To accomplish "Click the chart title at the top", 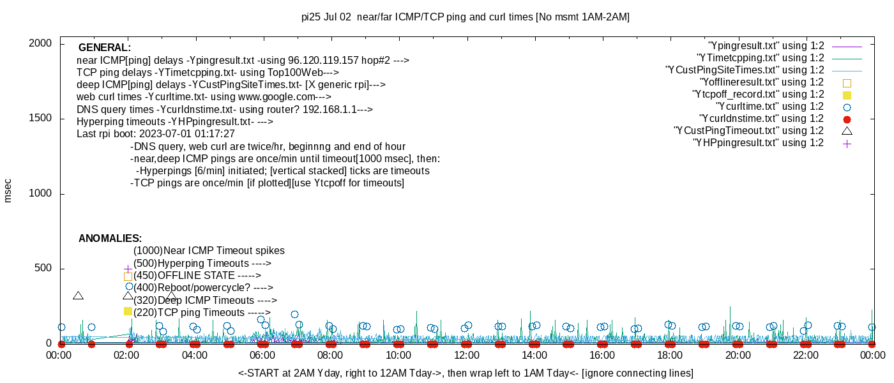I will pos(465,17).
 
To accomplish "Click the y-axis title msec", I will pos(8,190).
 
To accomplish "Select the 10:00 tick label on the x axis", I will pos(398,355).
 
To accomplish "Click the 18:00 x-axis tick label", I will pos(669,355).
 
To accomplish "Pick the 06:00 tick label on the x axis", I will pos(262,355).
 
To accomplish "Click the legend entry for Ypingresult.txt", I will pos(766,46).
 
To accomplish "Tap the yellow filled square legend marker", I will pos(847,94).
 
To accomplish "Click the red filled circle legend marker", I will pos(847,119).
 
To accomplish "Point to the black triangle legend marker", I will pos(847,131).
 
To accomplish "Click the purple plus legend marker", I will pos(847,143).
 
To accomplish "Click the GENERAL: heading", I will pos(105,48).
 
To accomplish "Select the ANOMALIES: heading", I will pos(110,239).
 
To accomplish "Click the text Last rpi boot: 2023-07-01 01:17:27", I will pos(156,134).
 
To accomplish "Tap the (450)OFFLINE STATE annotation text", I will pos(197,276).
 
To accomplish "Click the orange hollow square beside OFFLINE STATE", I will pos(128,276).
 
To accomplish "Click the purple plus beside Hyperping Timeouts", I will pos(128,269).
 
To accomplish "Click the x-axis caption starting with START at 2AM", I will pos(466,373).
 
